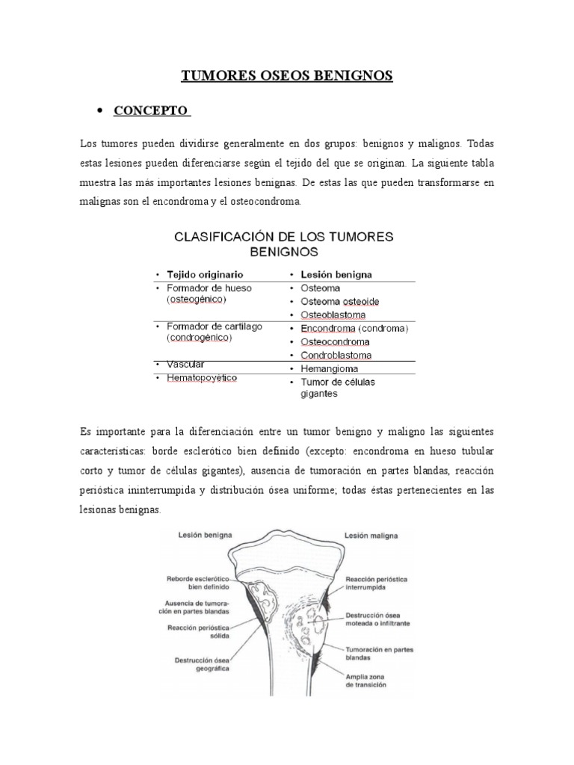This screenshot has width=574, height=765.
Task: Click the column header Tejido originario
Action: pos(204,274)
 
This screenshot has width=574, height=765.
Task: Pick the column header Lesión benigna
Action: pos(336,274)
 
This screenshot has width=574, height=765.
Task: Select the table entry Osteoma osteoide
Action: pos(339,301)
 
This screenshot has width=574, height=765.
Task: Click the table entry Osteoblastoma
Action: pos(334,315)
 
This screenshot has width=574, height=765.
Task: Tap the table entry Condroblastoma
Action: pos(336,355)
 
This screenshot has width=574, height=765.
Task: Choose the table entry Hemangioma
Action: pos(330,368)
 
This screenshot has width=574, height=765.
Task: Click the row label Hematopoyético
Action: pos(202,378)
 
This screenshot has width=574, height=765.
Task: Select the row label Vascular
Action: pos(184,364)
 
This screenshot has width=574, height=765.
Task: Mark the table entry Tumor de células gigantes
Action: pos(338,387)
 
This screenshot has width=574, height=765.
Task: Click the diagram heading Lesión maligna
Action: pos(371,535)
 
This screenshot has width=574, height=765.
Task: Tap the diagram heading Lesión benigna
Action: pos(204,535)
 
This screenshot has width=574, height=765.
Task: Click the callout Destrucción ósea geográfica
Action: pos(201,665)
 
